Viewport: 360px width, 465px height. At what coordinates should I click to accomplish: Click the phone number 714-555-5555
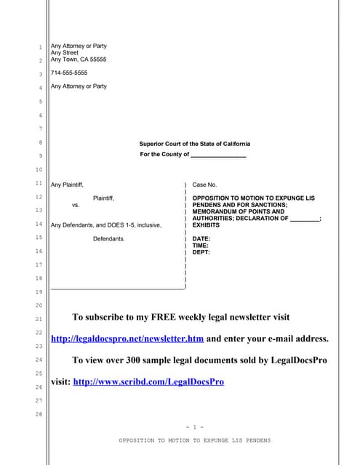(x=69, y=73)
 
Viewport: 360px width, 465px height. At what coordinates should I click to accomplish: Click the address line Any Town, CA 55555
(x=79, y=60)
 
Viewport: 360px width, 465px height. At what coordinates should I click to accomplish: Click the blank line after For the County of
(x=218, y=155)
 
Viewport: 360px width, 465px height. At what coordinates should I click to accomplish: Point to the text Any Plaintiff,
(x=71, y=185)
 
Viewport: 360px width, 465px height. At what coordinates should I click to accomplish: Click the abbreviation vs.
(x=76, y=206)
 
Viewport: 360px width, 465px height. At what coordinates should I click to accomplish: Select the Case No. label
(x=204, y=185)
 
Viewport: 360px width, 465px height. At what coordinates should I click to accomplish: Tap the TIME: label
(x=201, y=246)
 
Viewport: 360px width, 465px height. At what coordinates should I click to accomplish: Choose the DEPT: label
(x=201, y=252)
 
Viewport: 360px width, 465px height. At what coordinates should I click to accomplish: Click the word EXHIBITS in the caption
(x=209, y=225)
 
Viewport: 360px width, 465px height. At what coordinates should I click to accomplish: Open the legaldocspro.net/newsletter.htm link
(x=127, y=339)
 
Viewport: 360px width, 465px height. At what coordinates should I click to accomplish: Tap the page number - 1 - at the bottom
(x=194, y=426)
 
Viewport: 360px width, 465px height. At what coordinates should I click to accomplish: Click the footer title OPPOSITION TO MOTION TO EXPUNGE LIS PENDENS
(x=194, y=440)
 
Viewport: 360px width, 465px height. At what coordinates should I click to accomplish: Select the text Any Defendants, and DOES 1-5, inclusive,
(x=106, y=225)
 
